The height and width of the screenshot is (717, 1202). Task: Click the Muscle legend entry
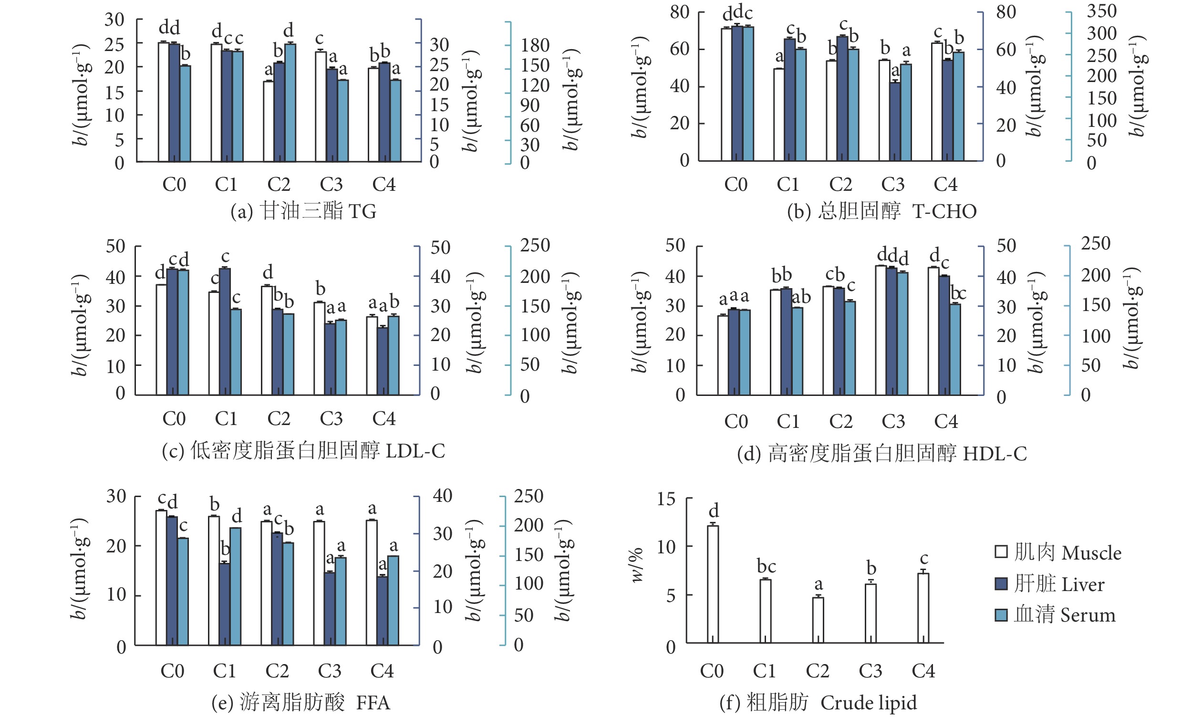1058,552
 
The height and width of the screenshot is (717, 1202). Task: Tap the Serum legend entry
1055,614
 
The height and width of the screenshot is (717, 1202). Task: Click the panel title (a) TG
303,211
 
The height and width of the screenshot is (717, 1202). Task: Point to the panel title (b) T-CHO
881,211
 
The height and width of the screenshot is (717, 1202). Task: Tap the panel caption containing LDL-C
303,450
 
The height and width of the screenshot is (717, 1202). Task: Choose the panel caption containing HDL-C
881,453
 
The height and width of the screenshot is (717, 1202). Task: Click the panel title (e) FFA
300,702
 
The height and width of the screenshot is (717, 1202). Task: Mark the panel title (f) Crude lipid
818,702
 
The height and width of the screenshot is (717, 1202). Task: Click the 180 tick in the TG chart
535,45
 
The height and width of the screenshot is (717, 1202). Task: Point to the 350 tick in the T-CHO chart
1101,10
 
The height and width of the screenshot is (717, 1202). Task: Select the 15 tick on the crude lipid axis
666,499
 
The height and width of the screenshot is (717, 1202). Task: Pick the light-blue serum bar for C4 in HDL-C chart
955,349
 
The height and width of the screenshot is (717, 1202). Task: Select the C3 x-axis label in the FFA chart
330,671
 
